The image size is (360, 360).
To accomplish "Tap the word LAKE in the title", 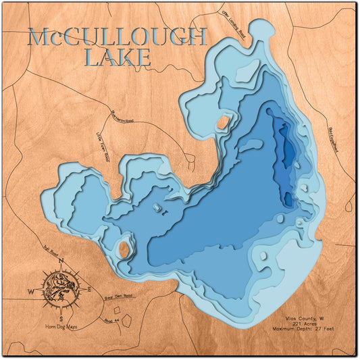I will coord(118,59).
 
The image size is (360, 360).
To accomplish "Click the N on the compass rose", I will coord(61,260).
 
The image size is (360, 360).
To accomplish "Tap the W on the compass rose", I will coord(30,291).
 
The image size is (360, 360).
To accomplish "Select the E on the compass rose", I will coord(92,290).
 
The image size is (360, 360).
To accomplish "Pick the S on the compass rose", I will coord(61,318).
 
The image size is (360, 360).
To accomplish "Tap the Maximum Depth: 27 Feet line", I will coord(305,330).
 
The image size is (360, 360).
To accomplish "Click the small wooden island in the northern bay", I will coord(222,123).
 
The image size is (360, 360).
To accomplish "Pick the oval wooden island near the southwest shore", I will coord(122,247).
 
